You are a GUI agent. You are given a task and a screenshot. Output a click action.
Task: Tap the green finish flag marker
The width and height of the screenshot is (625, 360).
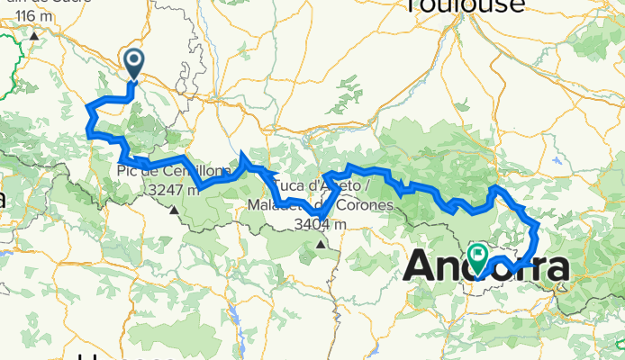(x=476, y=256)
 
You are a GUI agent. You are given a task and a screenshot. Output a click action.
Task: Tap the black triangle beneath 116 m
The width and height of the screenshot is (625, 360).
(x=34, y=36)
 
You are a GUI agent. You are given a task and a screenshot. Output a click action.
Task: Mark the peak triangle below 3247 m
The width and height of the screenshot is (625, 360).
(x=173, y=211)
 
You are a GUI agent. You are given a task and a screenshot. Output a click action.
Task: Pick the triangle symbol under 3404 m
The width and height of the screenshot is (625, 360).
(x=322, y=243)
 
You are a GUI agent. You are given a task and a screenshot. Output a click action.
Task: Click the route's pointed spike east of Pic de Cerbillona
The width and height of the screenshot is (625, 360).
(x=244, y=155)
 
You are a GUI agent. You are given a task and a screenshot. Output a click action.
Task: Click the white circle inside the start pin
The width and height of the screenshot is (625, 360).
(x=134, y=60)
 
